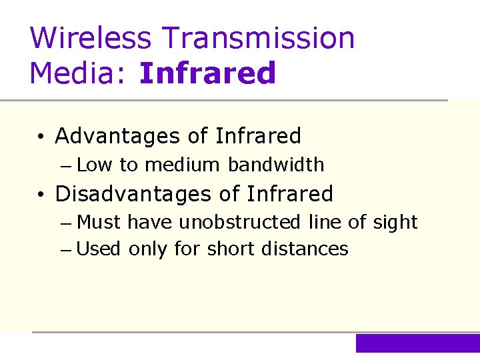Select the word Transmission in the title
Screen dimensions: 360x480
pyautogui.click(x=265, y=38)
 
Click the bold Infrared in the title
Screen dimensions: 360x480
pyautogui.click(x=207, y=73)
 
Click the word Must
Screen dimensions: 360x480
pyautogui.click(x=100, y=222)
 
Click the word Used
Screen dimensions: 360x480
pyautogui.click(x=99, y=249)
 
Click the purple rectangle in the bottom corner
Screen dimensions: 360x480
pyautogui.click(x=417, y=343)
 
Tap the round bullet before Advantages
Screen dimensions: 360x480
pyautogui.click(x=41, y=137)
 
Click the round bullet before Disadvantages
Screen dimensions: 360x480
pyautogui.click(x=41, y=195)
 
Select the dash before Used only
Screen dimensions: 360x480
pyautogui.click(x=69, y=250)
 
